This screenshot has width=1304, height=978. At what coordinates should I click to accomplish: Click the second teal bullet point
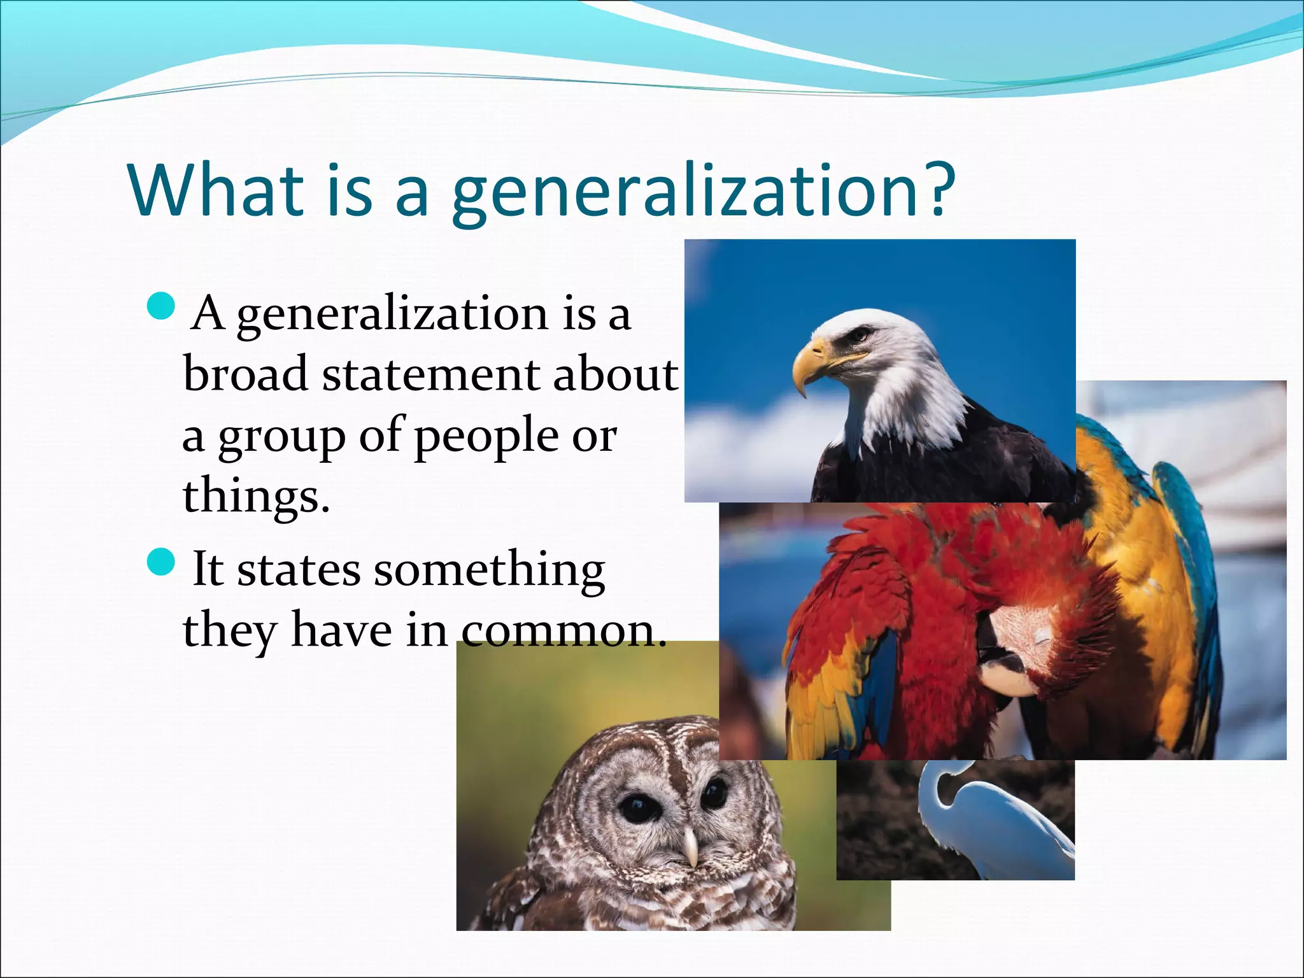click(x=160, y=562)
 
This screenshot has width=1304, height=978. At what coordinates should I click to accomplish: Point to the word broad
click(x=245, y=374)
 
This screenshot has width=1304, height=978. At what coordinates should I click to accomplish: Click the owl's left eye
click(x=635, y=807)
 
